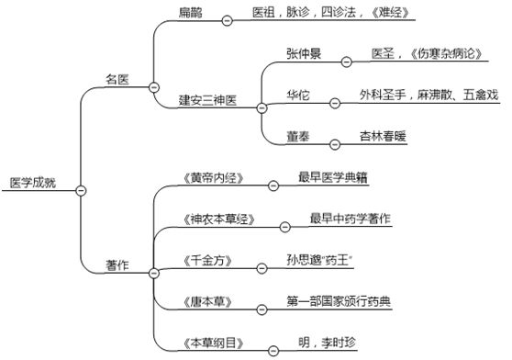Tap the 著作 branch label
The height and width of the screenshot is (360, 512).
pyautogui.click(x=117, y=264)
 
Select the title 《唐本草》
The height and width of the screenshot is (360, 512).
pyautogui.click(x=206, y=301)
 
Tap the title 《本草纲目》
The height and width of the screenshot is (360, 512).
pyautogui.click(x=212, y=343)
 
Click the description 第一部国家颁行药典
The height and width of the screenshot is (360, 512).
pyautogui.click(x=339, y=300)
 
